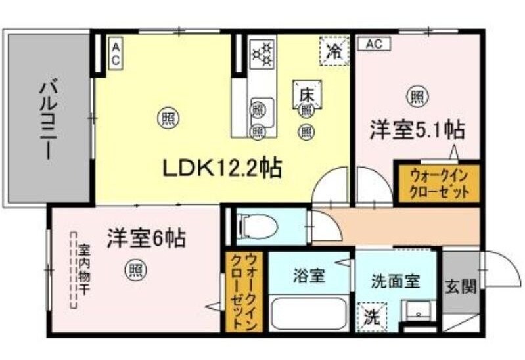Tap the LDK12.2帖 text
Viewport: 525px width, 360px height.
click(x=222, y=169)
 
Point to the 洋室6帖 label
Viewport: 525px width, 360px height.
click(x=146, y=236)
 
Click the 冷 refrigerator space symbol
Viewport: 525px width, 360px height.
click(x=335, y=50)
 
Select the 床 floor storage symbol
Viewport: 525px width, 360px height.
click(x=307, y=95)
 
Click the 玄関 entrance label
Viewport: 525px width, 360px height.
click(x=461, y=286)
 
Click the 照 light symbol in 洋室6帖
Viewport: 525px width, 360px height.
click(x=135, y=269)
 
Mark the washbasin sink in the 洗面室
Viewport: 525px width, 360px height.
click(x=415, y=310)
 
